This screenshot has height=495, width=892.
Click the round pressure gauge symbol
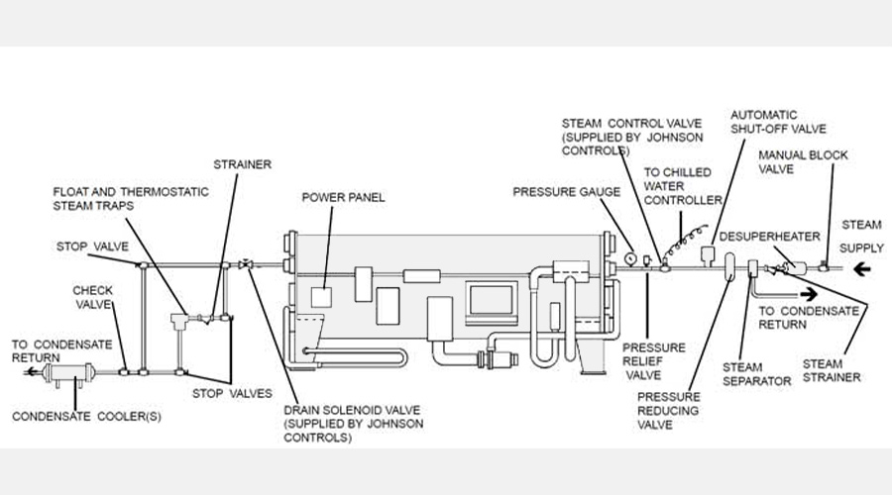(x=630, y=258)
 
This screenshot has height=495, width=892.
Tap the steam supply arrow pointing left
(x=862, y=269)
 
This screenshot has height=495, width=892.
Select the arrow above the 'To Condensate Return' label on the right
(x=809, y=294)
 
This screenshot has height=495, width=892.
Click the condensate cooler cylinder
(x=68, y=373)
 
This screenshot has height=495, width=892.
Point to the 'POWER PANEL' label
(x=343, y=197)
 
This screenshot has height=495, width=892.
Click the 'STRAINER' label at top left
(x=243, y=164)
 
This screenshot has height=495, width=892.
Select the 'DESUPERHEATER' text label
(x=770, y=236)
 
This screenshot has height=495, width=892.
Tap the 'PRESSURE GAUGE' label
(x=567, y=191)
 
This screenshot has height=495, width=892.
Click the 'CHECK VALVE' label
(x=93, y=297)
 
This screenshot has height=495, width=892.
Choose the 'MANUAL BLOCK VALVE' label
(x=803, y=162)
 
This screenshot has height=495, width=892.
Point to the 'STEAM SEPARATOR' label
(x=756, y=374)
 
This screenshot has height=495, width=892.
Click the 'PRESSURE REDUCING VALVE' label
(x=668, y=410)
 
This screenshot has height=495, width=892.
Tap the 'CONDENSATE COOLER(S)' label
(x=86, y=416)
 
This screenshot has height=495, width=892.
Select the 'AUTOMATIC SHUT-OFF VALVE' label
(x=778, y=122)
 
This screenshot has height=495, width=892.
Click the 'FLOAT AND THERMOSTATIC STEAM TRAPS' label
(x=131, y=198)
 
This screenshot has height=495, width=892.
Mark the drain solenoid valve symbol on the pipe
(x=247, y=264)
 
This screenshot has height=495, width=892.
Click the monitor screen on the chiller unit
(x=492, y=302)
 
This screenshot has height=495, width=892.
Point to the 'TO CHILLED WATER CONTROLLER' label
(x=683, y=186)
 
